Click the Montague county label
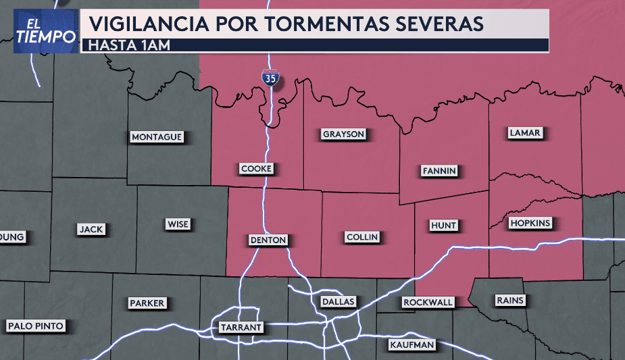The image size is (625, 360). (157, 137)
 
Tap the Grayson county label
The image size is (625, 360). (343, 134)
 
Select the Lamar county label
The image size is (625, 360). (525, 133)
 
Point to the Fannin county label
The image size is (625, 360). (439, 170)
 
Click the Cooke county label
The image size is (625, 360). (257, 169)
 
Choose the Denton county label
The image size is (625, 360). (268, 240)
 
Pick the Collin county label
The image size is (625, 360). (362, 237)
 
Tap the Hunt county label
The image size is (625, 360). (444, 225)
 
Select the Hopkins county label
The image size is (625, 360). (531, 223)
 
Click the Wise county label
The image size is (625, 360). (178, 224)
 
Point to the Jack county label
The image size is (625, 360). (91, 229)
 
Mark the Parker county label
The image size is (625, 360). (147, 303)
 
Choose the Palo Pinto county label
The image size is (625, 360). (36, 326)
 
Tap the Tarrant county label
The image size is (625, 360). (241, 328)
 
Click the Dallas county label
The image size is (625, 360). (338, 301)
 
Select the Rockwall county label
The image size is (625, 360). (428, 303)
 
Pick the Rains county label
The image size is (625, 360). (509, 300)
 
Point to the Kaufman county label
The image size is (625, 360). (412, 345)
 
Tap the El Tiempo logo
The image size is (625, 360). (45, 31)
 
